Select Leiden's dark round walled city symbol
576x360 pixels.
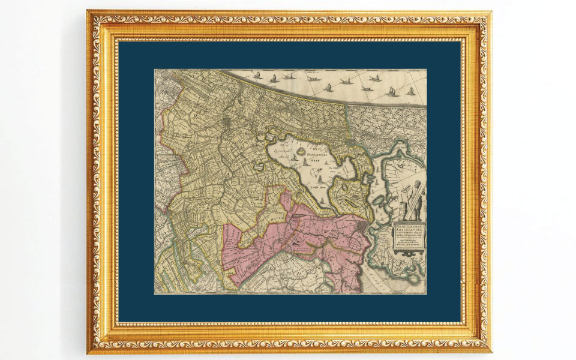(225, 122)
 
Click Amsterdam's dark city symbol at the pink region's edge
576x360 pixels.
(359, 226)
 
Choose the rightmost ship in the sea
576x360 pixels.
(411, 91)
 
